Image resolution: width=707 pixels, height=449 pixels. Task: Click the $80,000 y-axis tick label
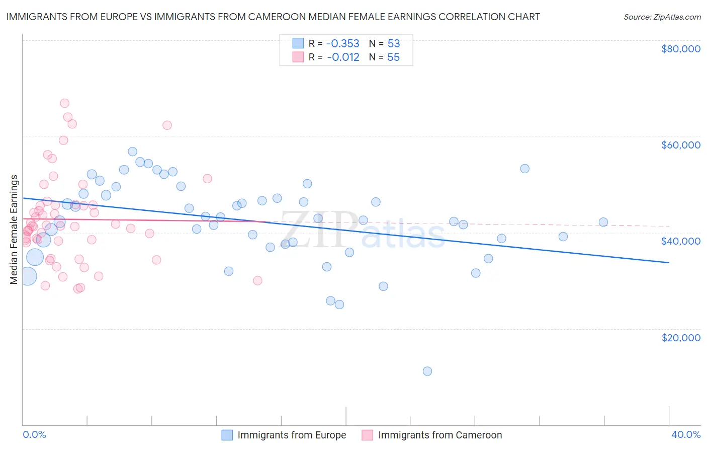tap(680, 49)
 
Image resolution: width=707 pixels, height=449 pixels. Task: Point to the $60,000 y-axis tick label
tap(680, 145)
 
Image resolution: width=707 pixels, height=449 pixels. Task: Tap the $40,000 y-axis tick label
tap(680, 241)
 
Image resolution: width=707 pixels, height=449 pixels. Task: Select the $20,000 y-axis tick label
tap(680, 337)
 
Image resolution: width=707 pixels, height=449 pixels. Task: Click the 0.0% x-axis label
tap(34, 434)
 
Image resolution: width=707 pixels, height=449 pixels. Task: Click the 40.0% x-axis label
tap(685, 434)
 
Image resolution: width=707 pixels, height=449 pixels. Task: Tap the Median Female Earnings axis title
tap(14, 230)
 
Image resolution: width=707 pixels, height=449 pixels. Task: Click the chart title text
tap(273, 17)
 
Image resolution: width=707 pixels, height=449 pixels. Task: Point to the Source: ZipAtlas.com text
tap(662, 17)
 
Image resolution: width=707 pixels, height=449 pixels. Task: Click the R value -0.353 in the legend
tap(343, 43)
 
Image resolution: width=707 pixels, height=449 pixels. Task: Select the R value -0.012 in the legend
tap(343, 57)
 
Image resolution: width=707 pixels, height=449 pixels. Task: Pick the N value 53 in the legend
tap(393, 43)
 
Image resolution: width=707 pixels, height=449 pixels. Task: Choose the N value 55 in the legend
tap(393, 57)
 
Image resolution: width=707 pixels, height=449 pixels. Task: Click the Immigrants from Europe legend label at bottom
tap(292, 435)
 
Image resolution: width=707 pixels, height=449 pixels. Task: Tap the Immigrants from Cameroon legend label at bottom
tap(440, 435)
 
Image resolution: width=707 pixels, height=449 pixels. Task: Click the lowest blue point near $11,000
tap(427, 371)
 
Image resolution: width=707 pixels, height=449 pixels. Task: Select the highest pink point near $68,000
tap(64, 103)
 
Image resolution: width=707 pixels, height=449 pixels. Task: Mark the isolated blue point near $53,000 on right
tap(524, 169)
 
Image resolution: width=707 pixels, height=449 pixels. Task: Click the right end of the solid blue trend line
tap(669, 262)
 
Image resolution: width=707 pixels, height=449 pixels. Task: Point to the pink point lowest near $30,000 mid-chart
tap(257, 280)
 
